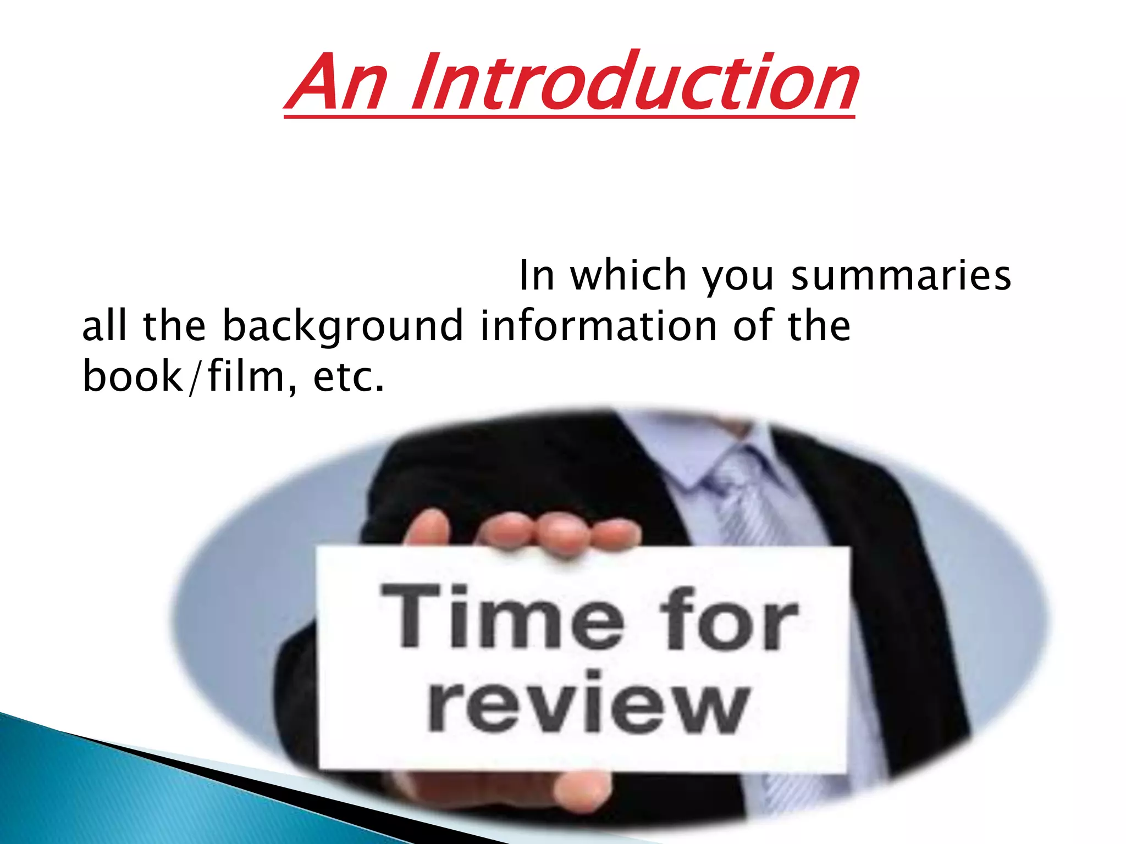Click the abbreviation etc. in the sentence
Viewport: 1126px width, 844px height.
tap(347, 378)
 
